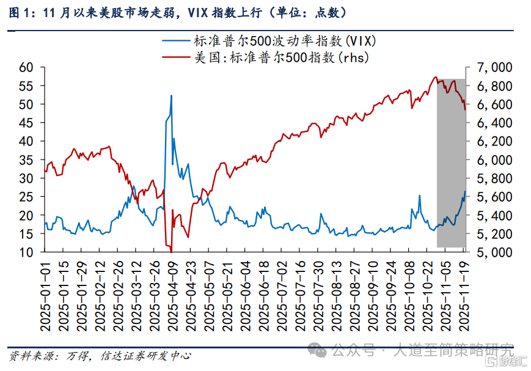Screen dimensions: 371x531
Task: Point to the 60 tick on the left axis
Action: coord(26,67)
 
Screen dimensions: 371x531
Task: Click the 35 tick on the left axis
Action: coord(26,160)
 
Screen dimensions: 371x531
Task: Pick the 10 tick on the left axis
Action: coord(26,252)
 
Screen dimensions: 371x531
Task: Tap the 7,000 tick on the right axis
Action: coord(488,67)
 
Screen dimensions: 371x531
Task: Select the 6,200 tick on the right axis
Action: coord(488,141)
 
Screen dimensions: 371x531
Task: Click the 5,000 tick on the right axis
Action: coord(488,252)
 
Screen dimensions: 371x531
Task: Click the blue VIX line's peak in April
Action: coord(171,95)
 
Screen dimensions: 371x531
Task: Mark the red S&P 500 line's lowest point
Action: coord(171,251)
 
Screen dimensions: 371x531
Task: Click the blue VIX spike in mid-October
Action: coord(420,196)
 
